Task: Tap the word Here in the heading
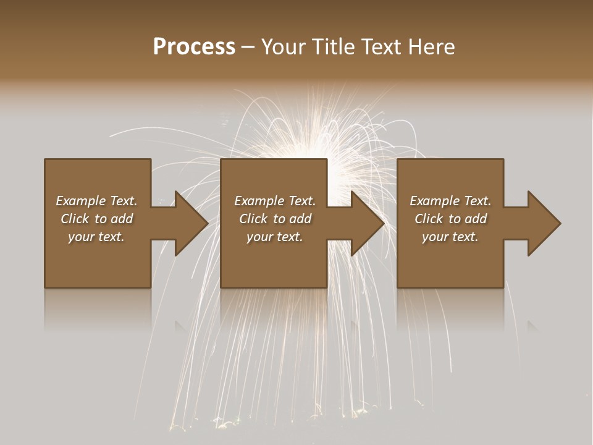(x=431, y=48)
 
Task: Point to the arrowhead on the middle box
(x=367, y=223)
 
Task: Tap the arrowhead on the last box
(x=544, y=223)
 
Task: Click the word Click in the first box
(x=75, y=219)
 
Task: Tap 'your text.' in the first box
(x=96, y=237)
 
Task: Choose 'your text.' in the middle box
(x=275, y=237)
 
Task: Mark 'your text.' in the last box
(x=450, y=237)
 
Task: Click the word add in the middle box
(x=301, y=219)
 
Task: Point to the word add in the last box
(x=476, y=219)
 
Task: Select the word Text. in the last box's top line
(x=477, y=201)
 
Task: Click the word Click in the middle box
(x=253, y=219)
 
